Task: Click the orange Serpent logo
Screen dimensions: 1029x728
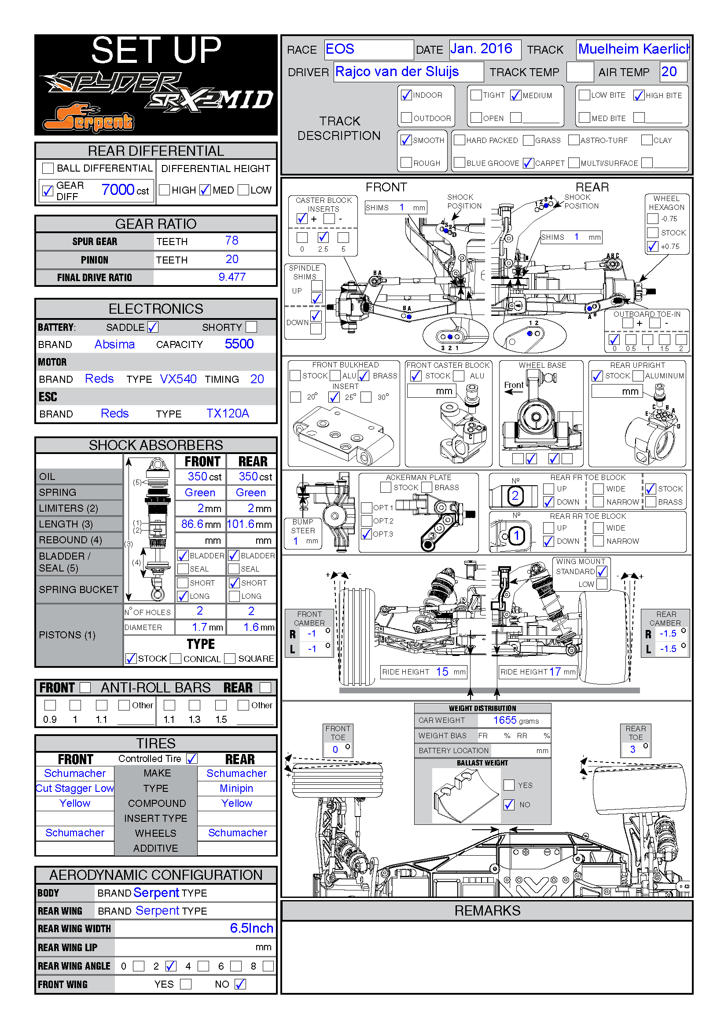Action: click(x=88, y=118)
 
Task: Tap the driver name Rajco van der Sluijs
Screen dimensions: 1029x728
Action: click(x=397, y=72)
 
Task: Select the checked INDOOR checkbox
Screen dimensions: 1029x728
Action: click(x=406, y=95)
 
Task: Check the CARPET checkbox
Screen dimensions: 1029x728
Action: click(x=528, y=163)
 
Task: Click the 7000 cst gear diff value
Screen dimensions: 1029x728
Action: click(x=118, y=190)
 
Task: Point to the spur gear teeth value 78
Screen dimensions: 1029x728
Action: click(x=232, y=241)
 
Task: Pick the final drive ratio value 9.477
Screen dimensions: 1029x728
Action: click(x=232, y=277)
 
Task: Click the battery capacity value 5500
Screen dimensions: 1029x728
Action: click(x=239, y=344)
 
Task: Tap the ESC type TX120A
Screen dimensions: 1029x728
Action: click(x=227, y=413)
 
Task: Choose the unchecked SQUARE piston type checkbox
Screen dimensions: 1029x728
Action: click(x=230, y=659)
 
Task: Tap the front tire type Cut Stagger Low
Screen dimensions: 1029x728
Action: click(x=75, y=788)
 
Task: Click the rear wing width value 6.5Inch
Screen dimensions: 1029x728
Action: click(x=251, y=928)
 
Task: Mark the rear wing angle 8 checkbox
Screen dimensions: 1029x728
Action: click(x=268, y=966)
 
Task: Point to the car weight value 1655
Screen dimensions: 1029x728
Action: click(x=505, y=720)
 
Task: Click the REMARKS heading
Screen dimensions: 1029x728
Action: click(x=487, y=911)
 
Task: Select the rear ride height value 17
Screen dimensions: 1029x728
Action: click(x=555, y=671)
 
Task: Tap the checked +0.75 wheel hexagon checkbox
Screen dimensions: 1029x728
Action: click(x=653, y=246)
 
